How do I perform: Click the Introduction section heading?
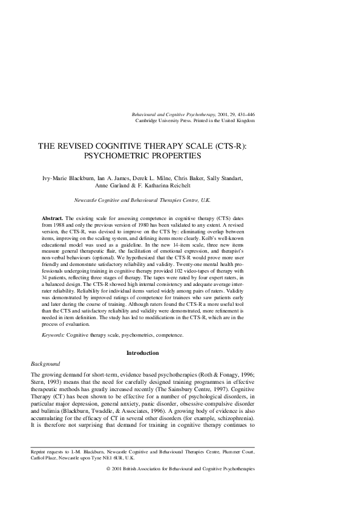pyautogui.click(x=142, y=352)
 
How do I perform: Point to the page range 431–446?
pyautogui.click(x=243, y=114)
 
